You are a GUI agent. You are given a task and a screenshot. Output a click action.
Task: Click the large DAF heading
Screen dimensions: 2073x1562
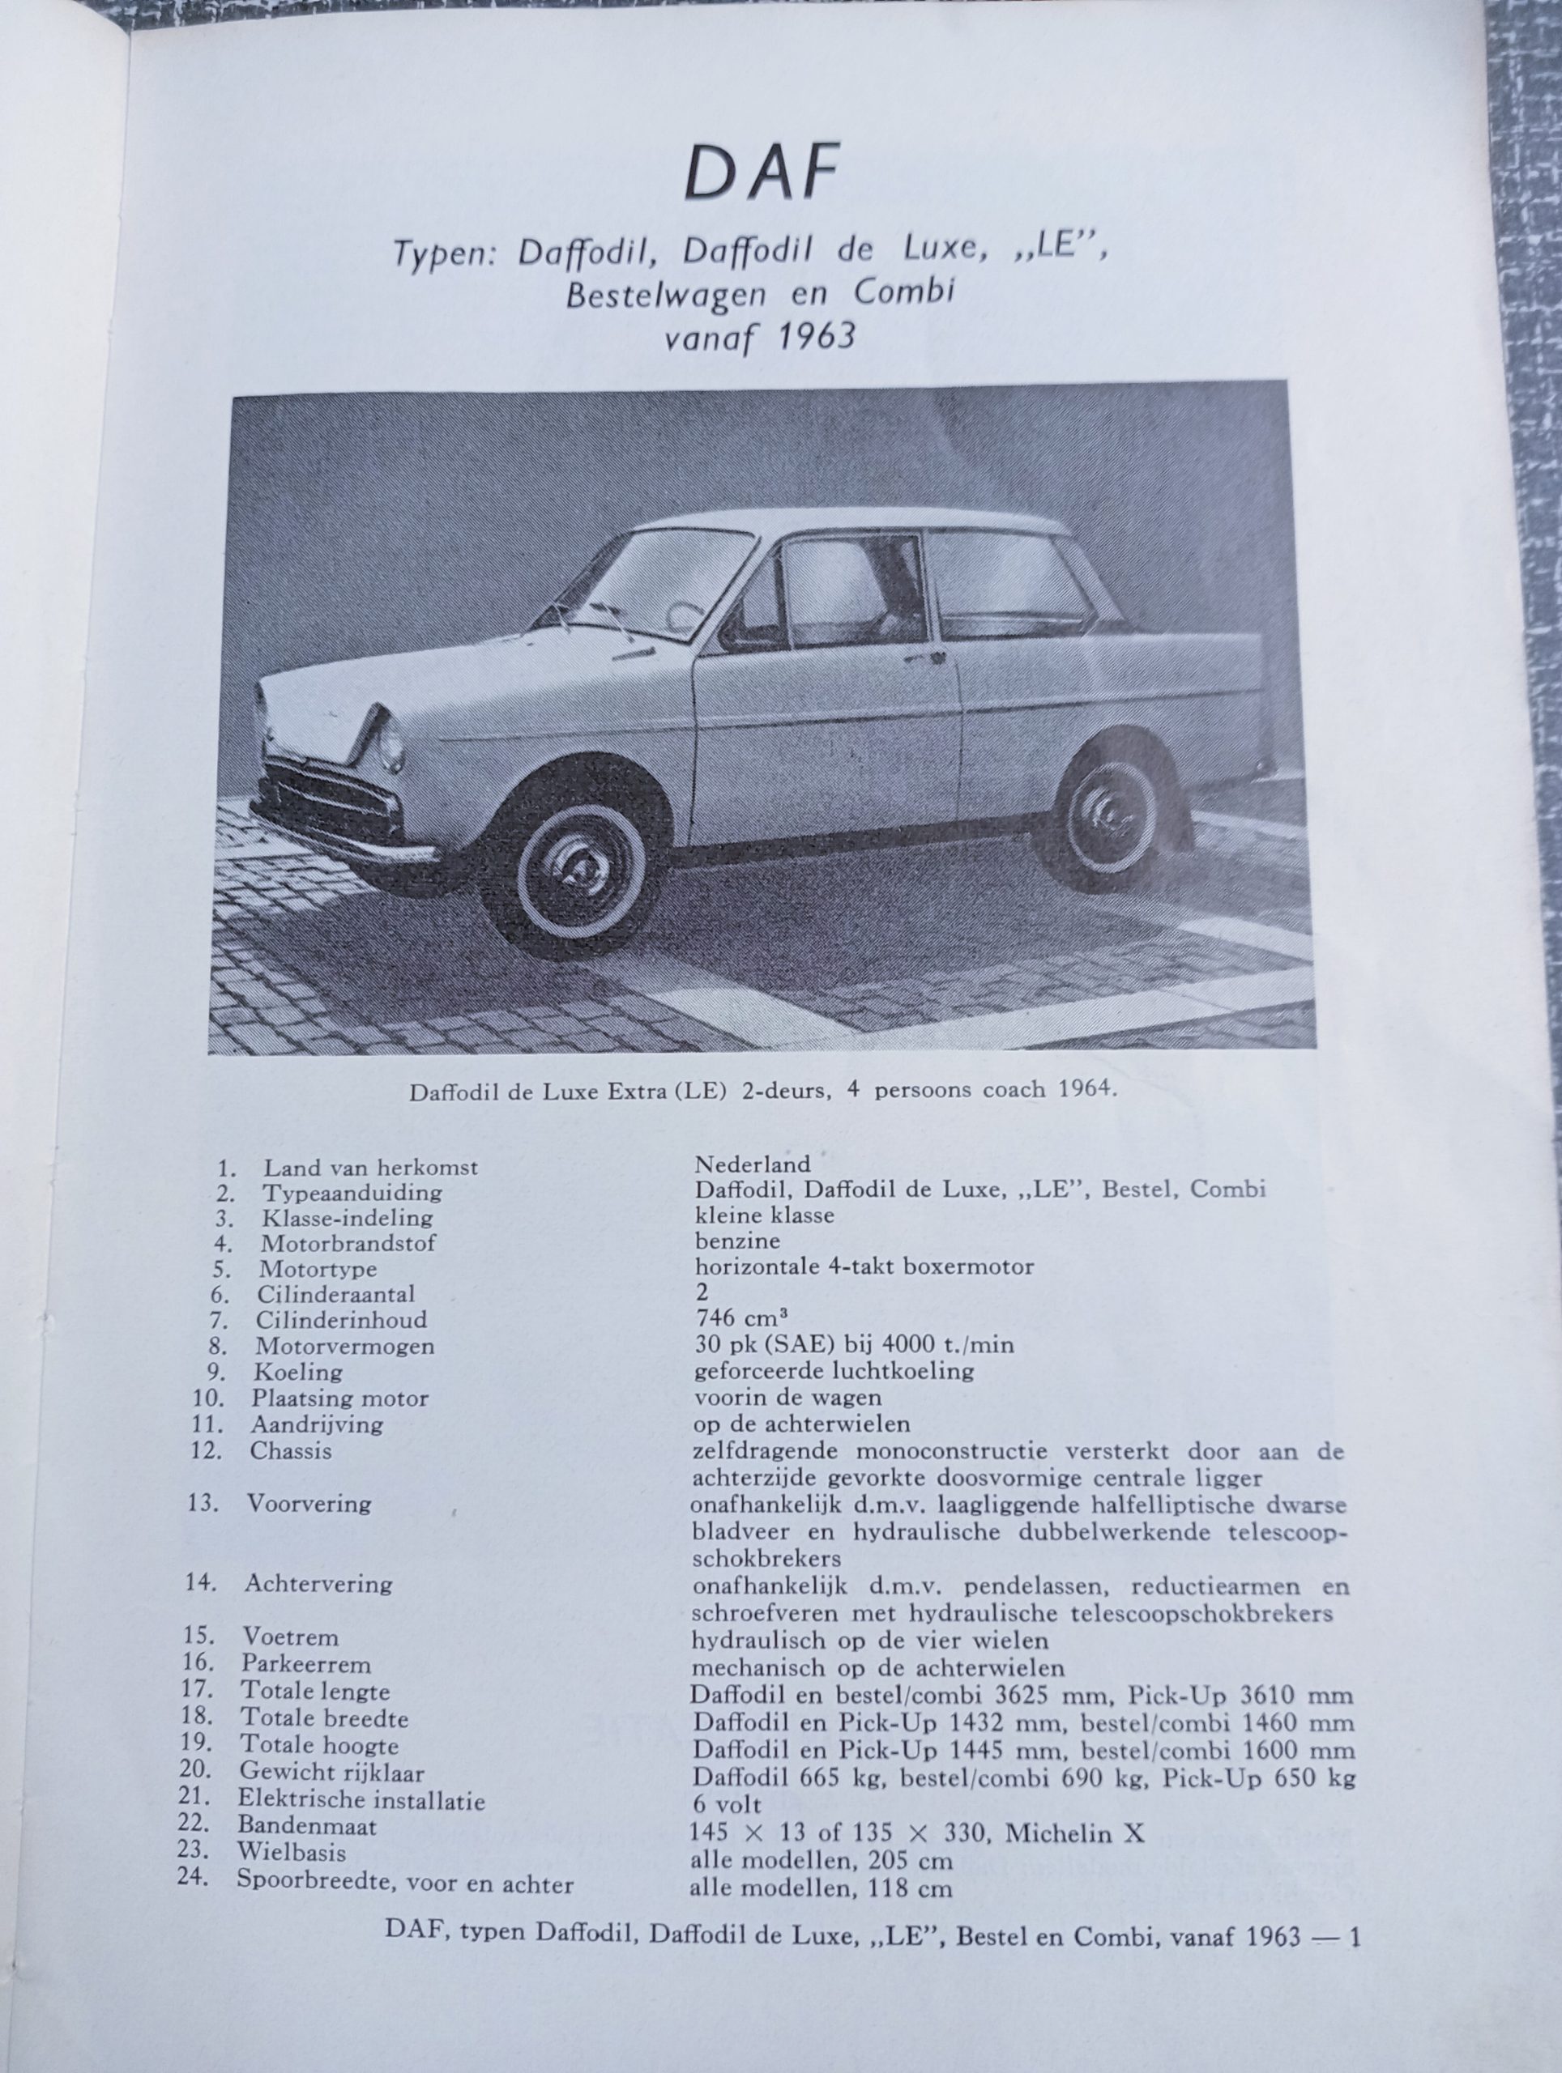pyautogui.click(x=761, y=172)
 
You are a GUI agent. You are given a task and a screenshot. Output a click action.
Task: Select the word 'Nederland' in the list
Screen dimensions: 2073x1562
pyautogui.click(x=752, y=1165)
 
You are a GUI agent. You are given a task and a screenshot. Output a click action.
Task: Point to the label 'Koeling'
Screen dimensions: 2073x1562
pyautogui.click(x=297, y=1372)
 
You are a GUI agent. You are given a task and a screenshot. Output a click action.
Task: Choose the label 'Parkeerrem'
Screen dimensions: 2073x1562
pyautogui.click(x=305, y=1664)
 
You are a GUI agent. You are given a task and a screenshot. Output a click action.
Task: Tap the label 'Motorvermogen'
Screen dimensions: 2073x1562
pyautogui.click(x=344, y=1347)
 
